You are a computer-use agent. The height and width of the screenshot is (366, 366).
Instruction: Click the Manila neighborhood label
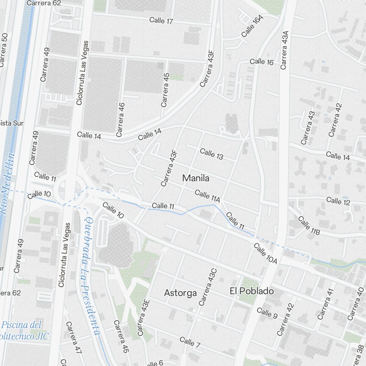pyautogui.click(x=196, y=179)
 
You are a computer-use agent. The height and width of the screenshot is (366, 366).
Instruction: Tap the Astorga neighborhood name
pyautogui.click(x=180, y=293)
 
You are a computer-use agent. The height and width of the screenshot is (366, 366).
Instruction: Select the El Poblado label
pyautogui.click(x=252, y=291)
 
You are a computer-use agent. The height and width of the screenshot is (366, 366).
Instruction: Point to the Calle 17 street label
pyautogui.click(x=161, y=20)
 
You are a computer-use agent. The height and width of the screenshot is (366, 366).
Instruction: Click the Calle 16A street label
pyautogui.click(x=253, y=26)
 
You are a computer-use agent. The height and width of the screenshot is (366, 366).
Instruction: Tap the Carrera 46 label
pyautogui.click(x=120, y=120)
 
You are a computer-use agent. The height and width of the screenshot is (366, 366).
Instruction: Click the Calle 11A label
pyautogui.click(x=208, y=196)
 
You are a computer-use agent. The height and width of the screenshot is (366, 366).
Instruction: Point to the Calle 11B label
pyautogui.click(x=309, y=225)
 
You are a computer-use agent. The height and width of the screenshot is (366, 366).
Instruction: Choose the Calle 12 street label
pyautogui.click(x=338, y=201)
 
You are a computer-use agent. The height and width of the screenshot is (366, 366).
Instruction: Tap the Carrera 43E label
pyautogui.click(x=144, y=317)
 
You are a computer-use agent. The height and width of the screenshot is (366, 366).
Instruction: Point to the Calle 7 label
pyautogui.click(x=190, y=342)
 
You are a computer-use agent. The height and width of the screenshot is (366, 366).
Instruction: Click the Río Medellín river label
pyautogui.click(x=8, y=183)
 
